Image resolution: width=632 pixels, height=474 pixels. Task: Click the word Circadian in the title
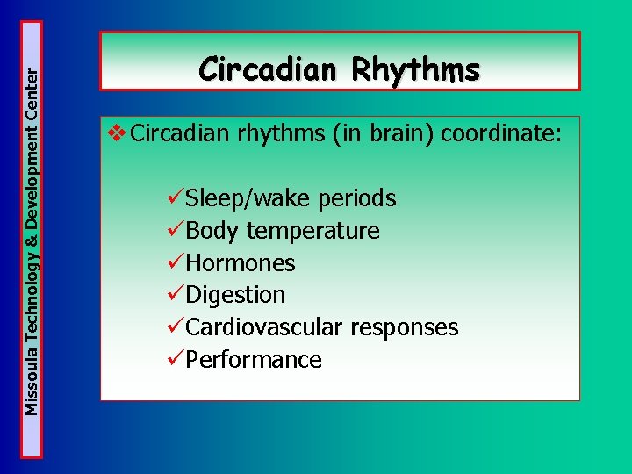tap(269, 69)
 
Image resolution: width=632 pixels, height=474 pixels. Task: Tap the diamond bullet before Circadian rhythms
tap(116, 135)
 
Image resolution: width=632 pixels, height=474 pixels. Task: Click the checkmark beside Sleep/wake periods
tap(176, 198)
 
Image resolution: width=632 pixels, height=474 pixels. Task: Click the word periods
tap(357, 199)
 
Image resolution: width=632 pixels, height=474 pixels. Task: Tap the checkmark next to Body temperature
tap(176, 231)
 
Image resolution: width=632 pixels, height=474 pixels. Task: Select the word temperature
tap(313, 231)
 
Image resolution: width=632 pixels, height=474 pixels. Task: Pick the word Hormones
tap(241, 263)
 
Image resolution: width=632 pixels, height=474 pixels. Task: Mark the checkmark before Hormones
tap(176, 262)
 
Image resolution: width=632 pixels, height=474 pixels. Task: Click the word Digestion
tap(236, 295)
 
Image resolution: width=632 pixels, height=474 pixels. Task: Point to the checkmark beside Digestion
tap(176, 295)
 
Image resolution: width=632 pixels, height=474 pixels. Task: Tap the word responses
tap(405, 327)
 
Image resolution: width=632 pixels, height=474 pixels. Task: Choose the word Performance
tap(254, 360)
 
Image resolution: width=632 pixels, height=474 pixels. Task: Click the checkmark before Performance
tap(176, 359)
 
